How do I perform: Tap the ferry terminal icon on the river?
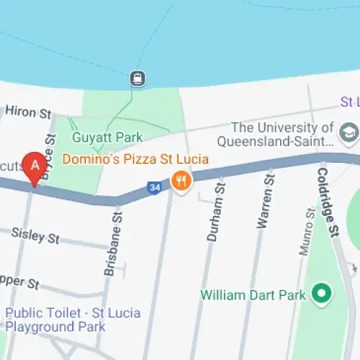click(x=136, y=78)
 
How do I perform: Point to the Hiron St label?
click(x=29, y=112)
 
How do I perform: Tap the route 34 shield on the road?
click(x=154, y=187)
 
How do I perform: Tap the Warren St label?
click(x=265, y=207)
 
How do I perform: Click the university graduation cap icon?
click(x=349, y=132)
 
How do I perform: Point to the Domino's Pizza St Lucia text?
click(x=135, y=158)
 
